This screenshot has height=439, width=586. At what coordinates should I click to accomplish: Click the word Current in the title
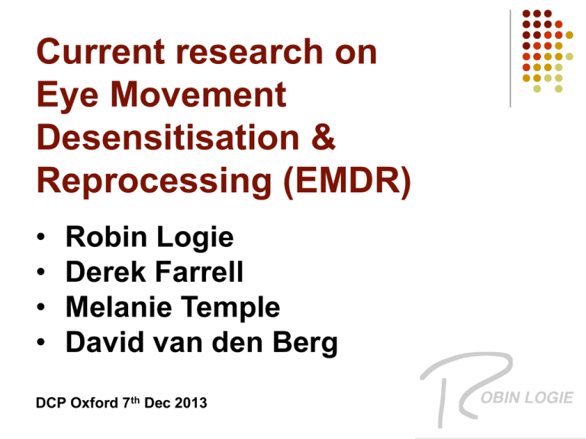[101, 52]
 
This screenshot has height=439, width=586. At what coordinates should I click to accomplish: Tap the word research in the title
[250, 52]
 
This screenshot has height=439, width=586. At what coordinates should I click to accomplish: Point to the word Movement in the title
[198, 94]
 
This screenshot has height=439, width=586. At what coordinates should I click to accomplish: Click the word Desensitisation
[168, 137]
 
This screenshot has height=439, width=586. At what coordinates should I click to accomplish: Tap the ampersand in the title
[323, 137]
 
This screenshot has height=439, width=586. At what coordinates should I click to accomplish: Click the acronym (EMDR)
[348, 181]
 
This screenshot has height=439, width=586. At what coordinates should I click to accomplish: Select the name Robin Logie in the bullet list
[150, 238]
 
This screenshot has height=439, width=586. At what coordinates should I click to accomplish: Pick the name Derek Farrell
[154, 271]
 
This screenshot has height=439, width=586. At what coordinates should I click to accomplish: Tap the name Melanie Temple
[172, 308]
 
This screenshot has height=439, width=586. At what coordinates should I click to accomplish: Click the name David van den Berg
[201, 342]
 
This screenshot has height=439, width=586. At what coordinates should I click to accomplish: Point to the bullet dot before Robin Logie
[40, 237]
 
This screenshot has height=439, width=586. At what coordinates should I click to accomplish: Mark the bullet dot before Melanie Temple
[40, 307]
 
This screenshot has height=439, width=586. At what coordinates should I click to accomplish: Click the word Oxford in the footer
[94, 403]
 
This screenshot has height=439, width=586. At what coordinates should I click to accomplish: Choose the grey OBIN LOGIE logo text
[527, 398]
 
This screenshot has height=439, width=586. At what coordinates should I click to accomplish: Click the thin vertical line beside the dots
[510, 59]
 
